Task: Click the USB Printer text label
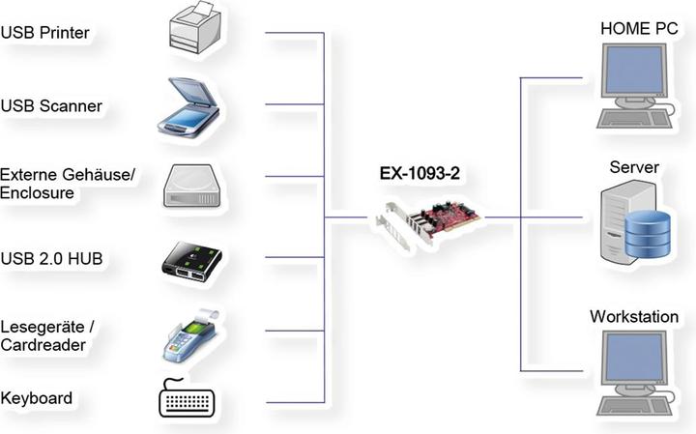click(45, 33)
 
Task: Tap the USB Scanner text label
click(51, 104)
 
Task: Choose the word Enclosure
click(38, 192)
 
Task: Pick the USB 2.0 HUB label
click(52, 258)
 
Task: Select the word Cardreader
click(43, 345)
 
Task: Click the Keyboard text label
click(37, 397)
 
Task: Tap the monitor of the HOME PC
click(634, 77)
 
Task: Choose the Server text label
click(634, 167)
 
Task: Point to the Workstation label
click(633, 316)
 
